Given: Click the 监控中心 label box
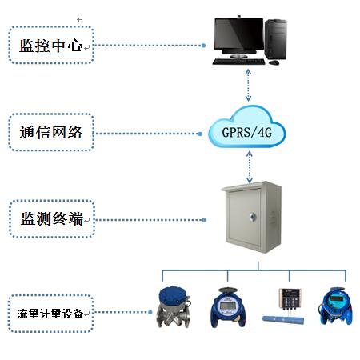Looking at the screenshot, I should (x=51, y=46).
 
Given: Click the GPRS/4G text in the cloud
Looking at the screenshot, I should (x=247, y=130).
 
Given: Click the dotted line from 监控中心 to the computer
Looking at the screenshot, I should (x=148, y=46).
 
